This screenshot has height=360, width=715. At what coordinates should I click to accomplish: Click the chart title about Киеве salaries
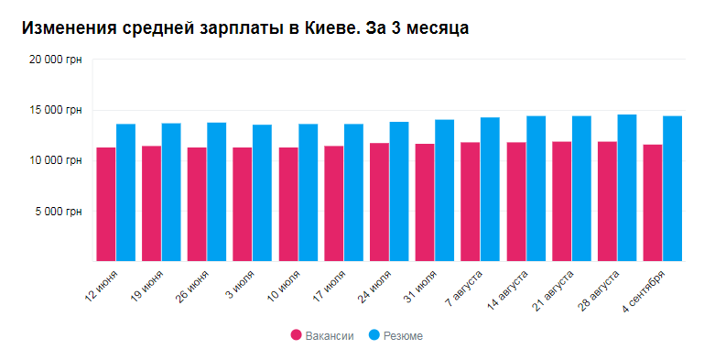(244, 28)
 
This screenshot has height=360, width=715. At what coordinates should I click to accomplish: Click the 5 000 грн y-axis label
(58, 211)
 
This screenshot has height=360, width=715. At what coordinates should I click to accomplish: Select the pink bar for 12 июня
(106, 203)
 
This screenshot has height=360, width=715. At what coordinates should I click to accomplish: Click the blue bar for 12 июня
(126, 192)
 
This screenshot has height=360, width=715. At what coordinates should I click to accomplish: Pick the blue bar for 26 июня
(217, 191)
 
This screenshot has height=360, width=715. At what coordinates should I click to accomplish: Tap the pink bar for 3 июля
(243, 203)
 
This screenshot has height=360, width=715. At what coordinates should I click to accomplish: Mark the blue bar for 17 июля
(353, 192)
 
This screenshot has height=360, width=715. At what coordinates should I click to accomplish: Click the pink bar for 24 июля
(379, 202)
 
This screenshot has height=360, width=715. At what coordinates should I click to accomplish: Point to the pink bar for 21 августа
(561, 201)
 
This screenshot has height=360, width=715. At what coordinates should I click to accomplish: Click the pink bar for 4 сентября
(653, 202)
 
